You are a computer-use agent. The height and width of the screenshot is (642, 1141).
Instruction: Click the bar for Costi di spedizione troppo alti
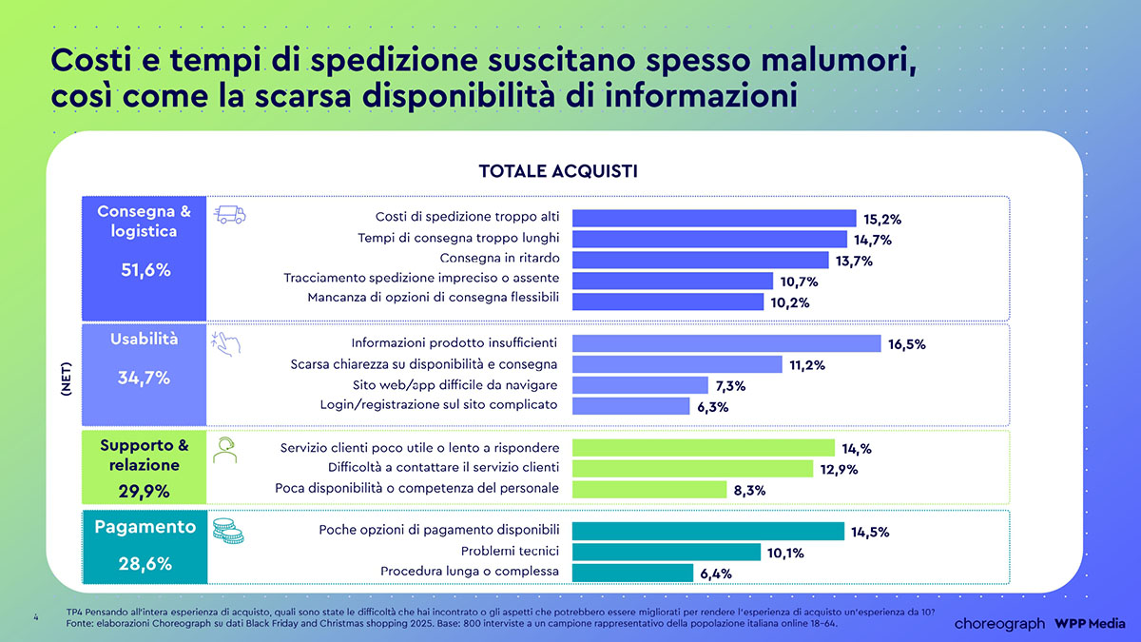tap(714, 219)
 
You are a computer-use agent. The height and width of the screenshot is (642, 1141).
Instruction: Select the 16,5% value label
tap(906, 344)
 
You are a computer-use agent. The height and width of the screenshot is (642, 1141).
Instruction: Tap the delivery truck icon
tap(230, 215)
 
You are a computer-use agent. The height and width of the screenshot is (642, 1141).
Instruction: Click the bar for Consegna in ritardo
tap(700, 261)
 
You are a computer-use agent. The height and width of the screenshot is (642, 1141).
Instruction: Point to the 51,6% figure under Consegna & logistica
tap(145, 270)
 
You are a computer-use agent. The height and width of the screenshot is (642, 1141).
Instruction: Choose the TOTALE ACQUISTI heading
tap(557, 171)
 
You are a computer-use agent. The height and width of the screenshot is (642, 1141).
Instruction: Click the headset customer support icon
tap(225, 450)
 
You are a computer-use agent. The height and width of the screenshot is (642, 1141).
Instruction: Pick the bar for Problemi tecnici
tap(666, 552)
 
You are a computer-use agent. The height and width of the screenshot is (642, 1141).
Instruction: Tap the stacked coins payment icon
tap(227, 531)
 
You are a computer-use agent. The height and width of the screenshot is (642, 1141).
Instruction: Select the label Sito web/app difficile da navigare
tap(454, 385)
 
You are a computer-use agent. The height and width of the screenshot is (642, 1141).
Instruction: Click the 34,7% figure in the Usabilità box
tap(145, 378)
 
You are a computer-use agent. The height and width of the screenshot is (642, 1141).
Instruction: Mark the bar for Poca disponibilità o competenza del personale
tap(649, 489)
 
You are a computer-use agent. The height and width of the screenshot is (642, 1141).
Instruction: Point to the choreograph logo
tap(999, 623)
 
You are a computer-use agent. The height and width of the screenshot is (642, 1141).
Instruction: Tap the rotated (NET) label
tap(66, 379)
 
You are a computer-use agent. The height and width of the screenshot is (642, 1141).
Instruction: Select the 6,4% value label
tap(715, 574)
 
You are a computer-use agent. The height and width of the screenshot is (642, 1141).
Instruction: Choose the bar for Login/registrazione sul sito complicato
tap(630, 406)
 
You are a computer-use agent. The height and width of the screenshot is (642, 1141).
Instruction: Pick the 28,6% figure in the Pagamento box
tap(145, 563)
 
